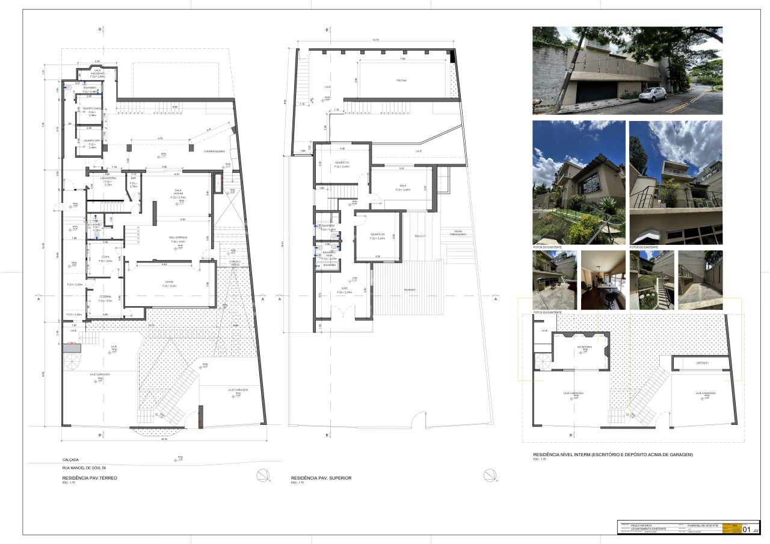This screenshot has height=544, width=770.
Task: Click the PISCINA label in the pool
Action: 401,80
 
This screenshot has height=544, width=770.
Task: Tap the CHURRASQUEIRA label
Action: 214,151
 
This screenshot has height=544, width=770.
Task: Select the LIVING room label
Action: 168,283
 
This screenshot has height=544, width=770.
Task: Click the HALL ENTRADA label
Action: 177,237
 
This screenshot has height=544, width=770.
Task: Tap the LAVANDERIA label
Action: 108,179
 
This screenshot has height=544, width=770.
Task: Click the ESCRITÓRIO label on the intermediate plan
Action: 584,347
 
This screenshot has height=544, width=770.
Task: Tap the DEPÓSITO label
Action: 702,363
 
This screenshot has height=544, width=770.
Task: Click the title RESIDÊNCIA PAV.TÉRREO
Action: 90,477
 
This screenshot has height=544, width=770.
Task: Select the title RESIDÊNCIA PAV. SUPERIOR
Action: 321,478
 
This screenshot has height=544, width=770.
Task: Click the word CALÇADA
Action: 70,460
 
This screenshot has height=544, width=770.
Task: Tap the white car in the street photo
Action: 652,94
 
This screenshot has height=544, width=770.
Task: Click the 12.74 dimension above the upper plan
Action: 375,40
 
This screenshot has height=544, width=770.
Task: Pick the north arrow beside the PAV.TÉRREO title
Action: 263,475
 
